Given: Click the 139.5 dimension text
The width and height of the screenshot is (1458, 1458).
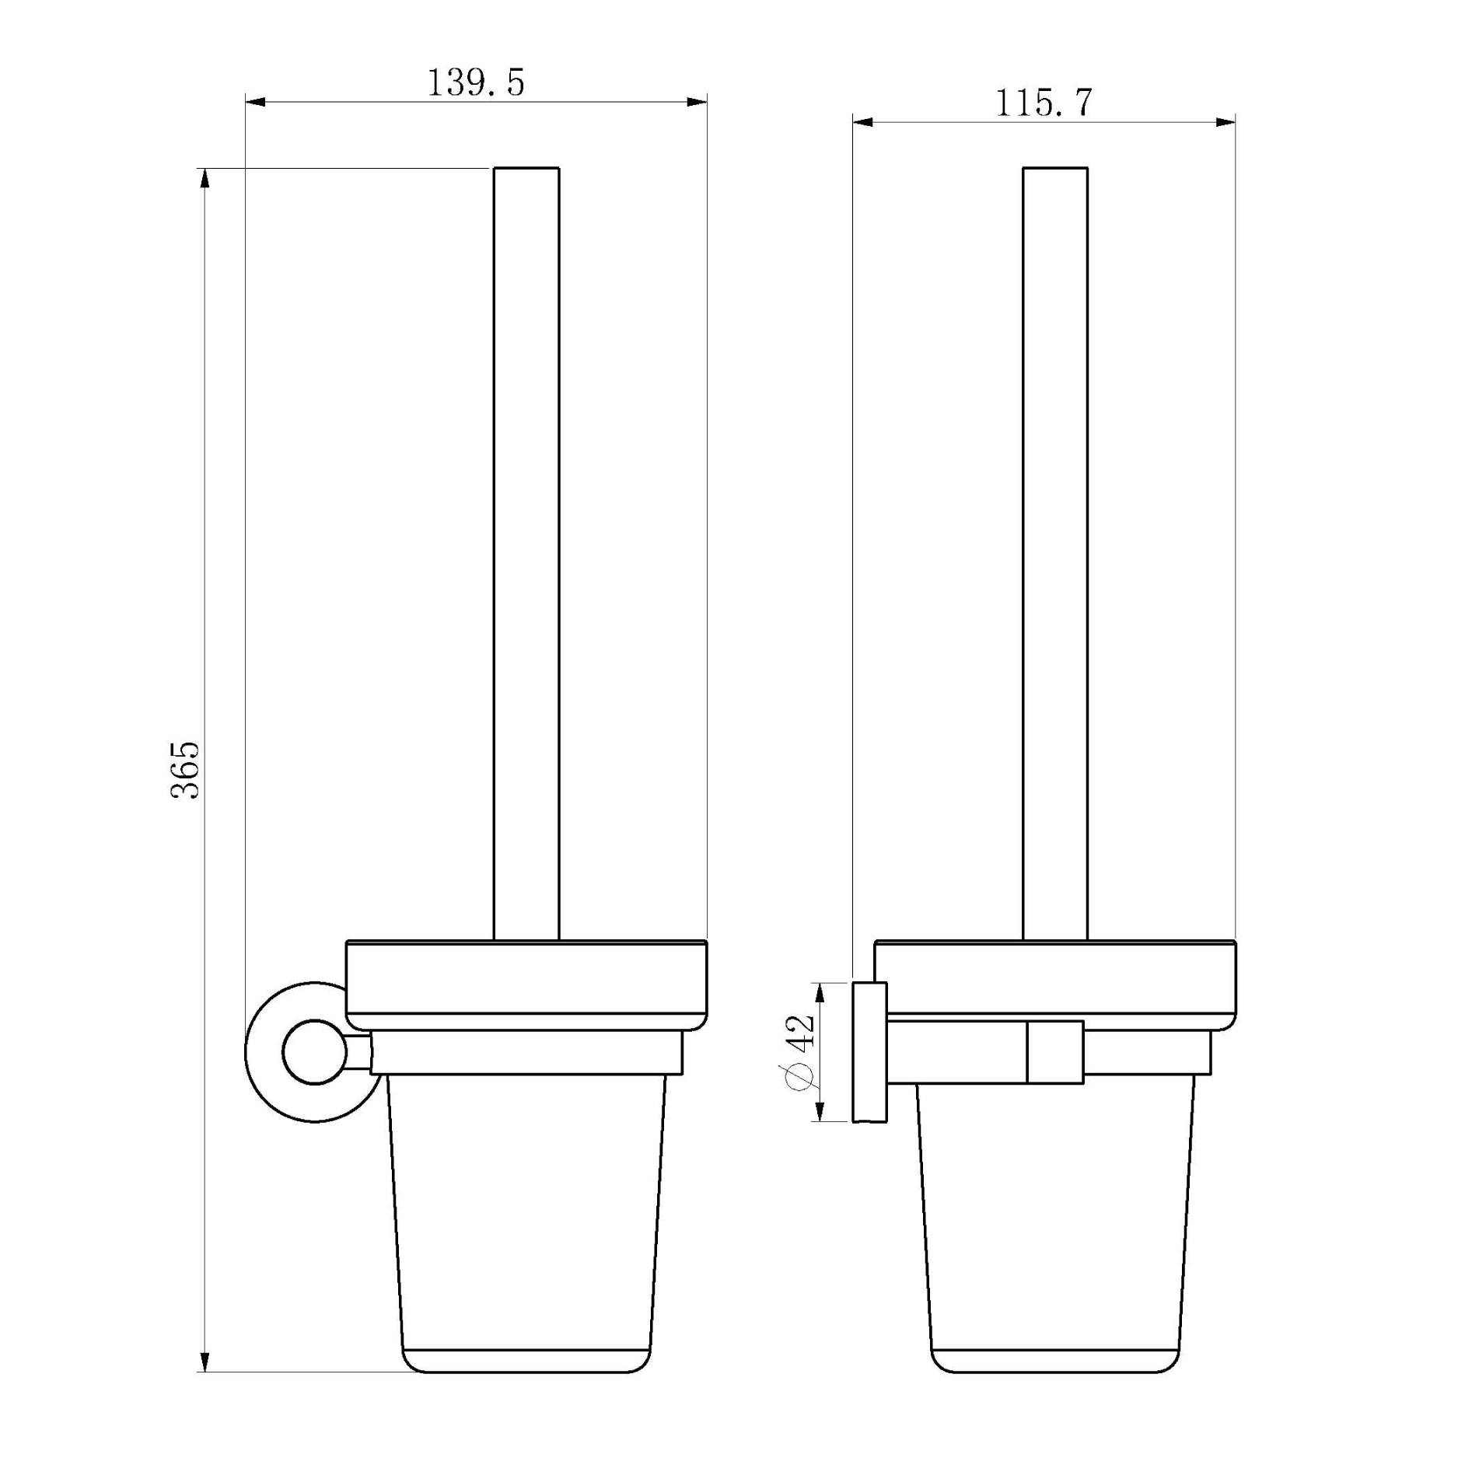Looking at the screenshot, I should click(x=476, y=82).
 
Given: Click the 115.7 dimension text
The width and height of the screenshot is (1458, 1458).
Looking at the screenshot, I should click(x=1044, y=103).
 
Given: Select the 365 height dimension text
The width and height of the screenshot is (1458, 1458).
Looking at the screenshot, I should click(x=186, y=770).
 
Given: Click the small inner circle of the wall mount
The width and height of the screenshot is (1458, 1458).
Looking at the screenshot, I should click(x=314, y=1053).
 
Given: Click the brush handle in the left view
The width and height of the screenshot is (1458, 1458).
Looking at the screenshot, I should click(x=526, y=552).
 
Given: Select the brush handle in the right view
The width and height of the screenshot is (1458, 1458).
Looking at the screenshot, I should click(x=1055, y=552).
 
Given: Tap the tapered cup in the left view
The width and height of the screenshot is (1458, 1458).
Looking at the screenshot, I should click(x=526, y=1221).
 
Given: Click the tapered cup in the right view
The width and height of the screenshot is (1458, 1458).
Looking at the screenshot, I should click(x=1055, y=1221).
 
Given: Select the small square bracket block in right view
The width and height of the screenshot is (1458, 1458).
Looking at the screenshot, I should click(x=1055, y=1051).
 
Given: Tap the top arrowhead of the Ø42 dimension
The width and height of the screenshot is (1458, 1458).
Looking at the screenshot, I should click(x=817, y=993).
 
